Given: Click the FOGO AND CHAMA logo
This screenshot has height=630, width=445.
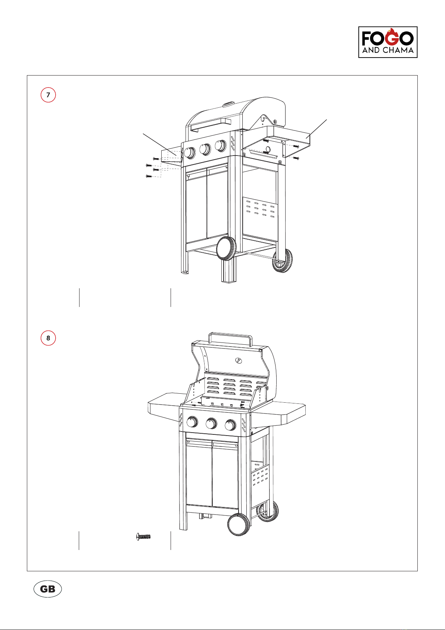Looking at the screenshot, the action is point(388,42).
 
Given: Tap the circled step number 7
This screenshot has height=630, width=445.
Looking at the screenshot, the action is point(48,95).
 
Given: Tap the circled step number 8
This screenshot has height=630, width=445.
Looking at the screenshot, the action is point(48,338).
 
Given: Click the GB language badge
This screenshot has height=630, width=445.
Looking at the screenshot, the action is point(47,588).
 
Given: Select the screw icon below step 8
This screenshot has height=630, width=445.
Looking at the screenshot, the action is point(143,537).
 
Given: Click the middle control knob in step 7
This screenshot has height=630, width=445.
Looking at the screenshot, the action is point(205,149).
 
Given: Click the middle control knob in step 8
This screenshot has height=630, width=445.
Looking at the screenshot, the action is point(211,423).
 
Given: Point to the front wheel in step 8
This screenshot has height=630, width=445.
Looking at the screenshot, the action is point(239,524).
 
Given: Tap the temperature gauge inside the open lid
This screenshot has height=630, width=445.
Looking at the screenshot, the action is point(239,360).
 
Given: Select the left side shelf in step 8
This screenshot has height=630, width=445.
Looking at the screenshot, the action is point(164,406).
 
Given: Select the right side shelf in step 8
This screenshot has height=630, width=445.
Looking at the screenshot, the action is point(281,413).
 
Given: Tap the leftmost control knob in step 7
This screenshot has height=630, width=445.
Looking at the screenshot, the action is point(190,153).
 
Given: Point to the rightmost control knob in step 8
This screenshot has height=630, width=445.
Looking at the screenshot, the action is point(230,425).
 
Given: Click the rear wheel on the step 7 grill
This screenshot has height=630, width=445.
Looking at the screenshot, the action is point(282,261).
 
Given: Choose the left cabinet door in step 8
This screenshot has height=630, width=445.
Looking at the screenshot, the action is point(199,473).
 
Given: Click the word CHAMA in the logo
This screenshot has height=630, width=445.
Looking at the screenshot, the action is point(398,50).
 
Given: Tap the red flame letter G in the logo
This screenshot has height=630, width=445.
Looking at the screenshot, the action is point(392,37).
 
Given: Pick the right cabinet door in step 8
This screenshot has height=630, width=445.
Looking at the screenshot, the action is point(225,475).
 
